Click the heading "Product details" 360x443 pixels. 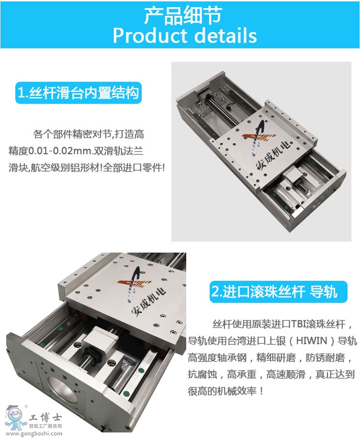click(185, 35)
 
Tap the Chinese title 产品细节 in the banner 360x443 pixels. click(183, 15)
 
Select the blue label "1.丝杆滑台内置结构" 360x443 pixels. click(79, 93)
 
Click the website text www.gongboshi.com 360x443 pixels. click(34, 433)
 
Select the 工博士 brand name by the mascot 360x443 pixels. click(45, 418)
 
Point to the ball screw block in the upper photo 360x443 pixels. click(293, 177)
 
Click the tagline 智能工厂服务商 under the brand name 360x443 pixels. click(45, 426)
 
